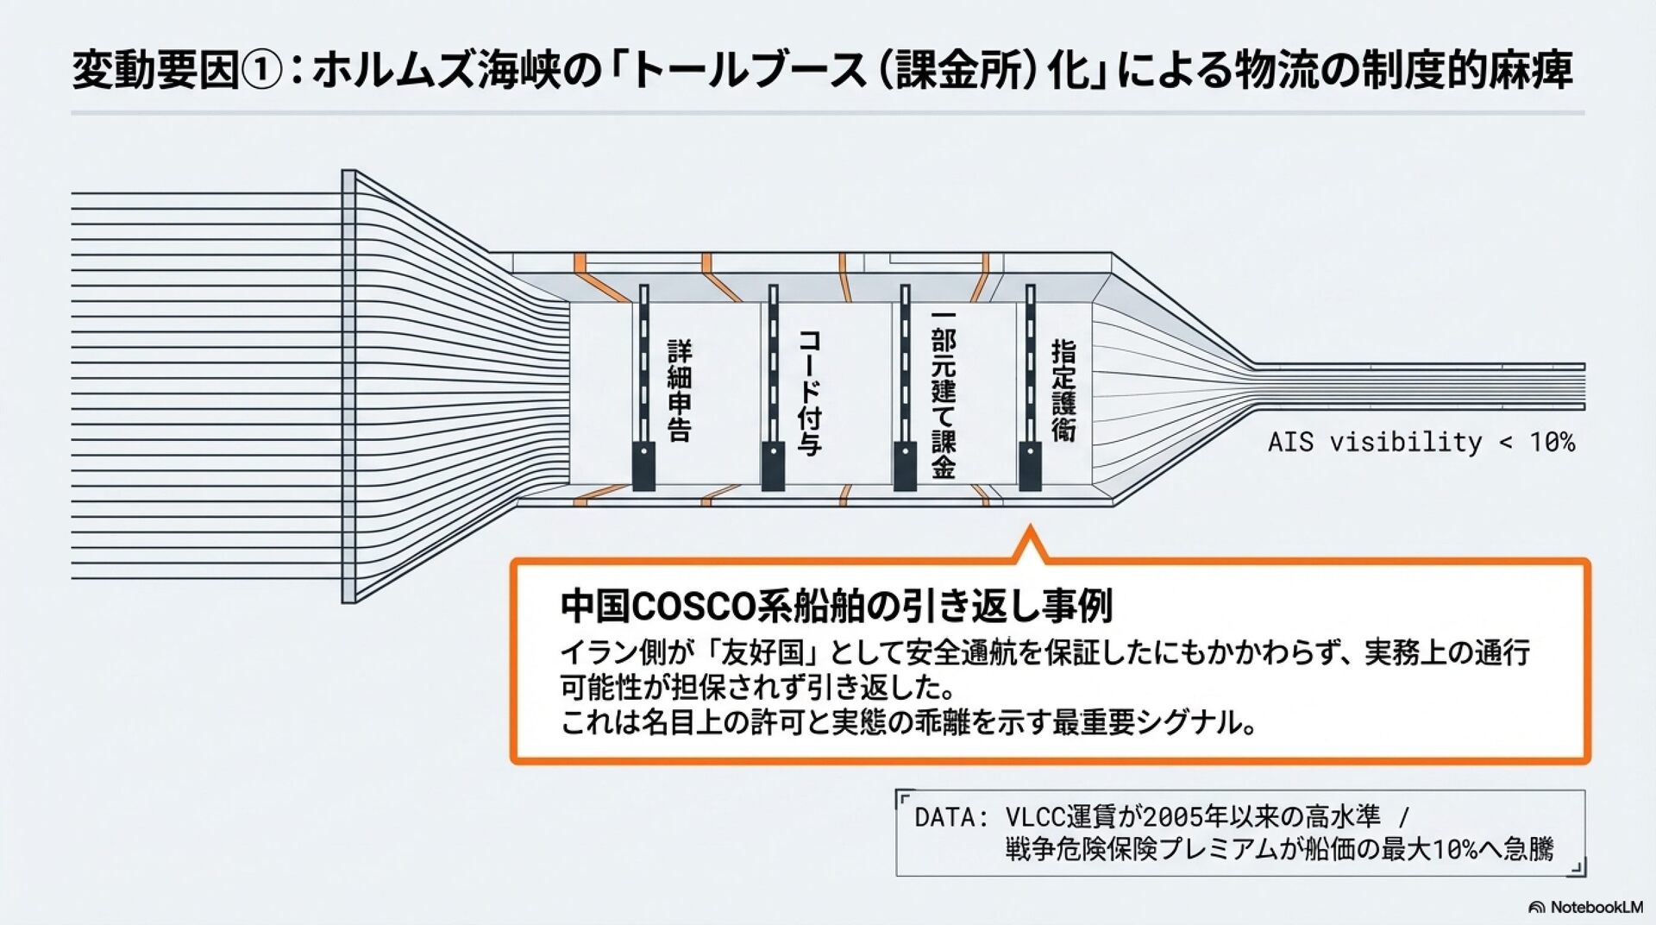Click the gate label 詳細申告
[x=680, y=391]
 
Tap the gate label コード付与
[x=809, y=392]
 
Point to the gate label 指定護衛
[x=1063, y=391]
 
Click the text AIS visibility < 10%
[x=1421, y=443]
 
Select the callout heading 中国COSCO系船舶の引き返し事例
[x=836, y=606]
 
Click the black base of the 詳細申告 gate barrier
[x=643, y=466]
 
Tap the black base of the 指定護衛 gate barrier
[x=1030, y=466]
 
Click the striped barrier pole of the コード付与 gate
[x=774, y=362]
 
